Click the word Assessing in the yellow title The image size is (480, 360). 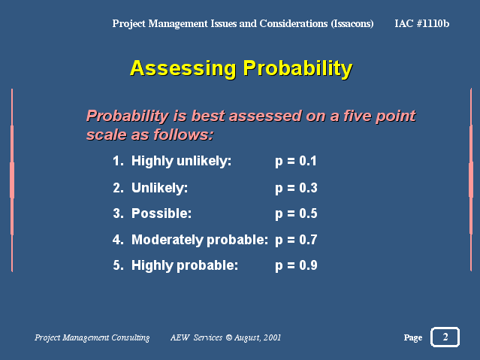click(183, 68)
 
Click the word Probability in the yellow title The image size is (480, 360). click(298, 68)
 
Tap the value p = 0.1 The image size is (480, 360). click(296, 162)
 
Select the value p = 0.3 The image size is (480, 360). click(296, 188)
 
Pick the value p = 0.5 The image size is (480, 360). click(296, 214)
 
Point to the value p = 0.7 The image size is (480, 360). click(296, 240)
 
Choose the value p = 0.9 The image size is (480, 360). click(296, 265)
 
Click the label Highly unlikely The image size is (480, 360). click(181, 162)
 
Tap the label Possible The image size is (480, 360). click(162, 213)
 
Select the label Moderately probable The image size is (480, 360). click(200, 240)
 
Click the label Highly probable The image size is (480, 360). click(185, 265)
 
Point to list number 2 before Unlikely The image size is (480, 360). click(118, 188)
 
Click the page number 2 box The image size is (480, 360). click(445, 337)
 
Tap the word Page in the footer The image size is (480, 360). click(413, 337)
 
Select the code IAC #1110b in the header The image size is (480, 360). click(422, 23)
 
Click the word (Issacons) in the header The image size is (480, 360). click(352, 23)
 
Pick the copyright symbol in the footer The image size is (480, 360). click(229, 337)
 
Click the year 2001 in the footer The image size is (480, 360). click(272, 337)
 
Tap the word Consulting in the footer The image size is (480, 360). click(131, 337)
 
